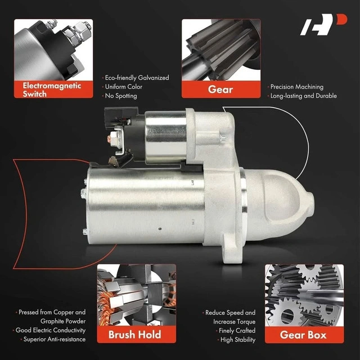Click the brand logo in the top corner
[x=323, y=25]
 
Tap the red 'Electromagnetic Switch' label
[x=53, y=89]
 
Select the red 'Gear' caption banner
[x=221, y=89]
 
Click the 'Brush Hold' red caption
[x=136, y=335]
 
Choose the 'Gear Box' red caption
[x=304, y=335]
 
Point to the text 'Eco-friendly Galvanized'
[x=137, y=78]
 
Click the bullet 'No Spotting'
[x=121, y=96]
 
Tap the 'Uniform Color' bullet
[x=124, y=87]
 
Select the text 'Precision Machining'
[x=297, y=87]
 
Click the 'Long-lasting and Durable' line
[x=304, y=96]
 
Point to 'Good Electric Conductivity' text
[x=51, y=330]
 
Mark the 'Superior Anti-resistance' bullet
[x=55, y=339]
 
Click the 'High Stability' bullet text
[x=238, y=340]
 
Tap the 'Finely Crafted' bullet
[x=237, y=331]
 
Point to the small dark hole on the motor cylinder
[x=160, y=229]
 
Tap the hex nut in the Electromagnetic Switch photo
[x=82, y=29]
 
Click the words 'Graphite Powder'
[x=63, y=321]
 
